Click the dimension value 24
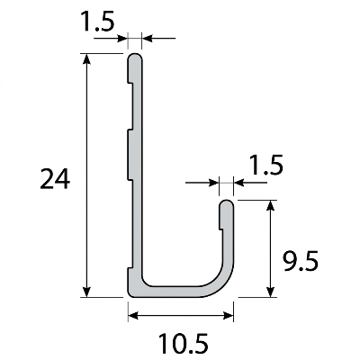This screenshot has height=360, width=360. (x=55, y=179)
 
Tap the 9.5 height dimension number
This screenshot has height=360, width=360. (x=301, y=261)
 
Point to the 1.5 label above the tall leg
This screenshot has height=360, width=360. (x=99, y=22)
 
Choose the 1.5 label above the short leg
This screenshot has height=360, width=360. (x=266, y=165)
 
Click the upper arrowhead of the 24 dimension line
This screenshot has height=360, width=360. (x=86, y=58)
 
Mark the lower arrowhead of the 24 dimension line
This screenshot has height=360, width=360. (x=86, y=292)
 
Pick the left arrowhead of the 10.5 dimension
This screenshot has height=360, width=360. (x=133, y=316)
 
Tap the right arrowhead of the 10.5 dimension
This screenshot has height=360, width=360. (x=229, y=316)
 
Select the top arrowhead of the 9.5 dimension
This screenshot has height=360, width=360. (x=271, y=205)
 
